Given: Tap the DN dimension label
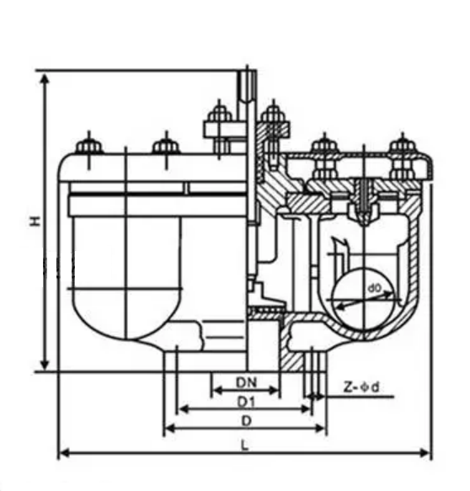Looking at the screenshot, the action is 247,382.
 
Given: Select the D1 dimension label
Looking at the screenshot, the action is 247,402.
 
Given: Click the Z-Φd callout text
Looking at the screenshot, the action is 361,387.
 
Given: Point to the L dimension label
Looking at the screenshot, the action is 245,446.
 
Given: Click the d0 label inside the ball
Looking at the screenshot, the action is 374,288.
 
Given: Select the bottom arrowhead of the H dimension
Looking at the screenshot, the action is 45,365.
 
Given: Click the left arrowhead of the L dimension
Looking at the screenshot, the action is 64,453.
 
